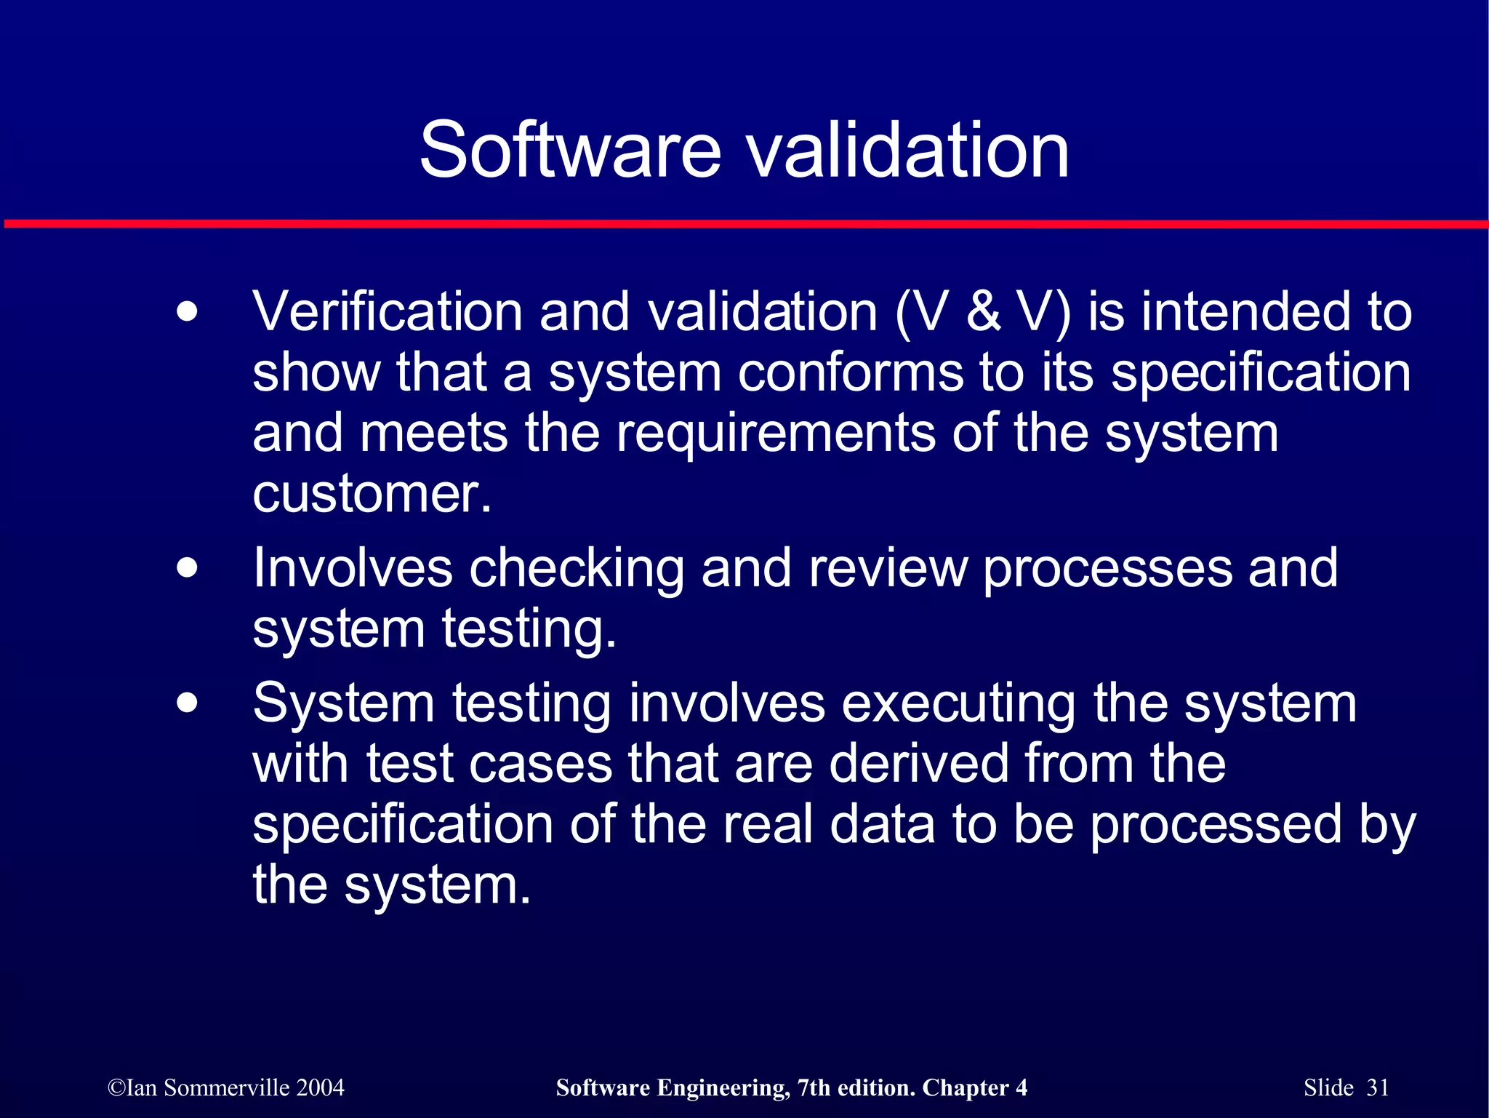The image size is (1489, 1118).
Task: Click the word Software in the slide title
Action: (x=570, y=151)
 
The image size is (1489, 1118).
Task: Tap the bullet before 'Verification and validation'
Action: (x=187, y=312)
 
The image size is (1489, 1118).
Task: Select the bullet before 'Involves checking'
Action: (x=187, y=568)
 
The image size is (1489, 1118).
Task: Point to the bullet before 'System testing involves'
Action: (x=187, y=703)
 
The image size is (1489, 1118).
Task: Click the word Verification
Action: (x=387, y=312)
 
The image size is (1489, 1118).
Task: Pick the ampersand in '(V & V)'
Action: (x=984, y=312)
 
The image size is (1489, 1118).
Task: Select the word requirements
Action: (x=776, y=434)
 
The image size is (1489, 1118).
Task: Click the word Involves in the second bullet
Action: (x=353, y=568)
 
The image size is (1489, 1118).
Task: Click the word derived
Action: (x=918, y=764)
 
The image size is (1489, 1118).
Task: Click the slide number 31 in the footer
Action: (x=1378, y=1087)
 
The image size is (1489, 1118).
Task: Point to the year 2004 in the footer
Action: (x=320, y=1087)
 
